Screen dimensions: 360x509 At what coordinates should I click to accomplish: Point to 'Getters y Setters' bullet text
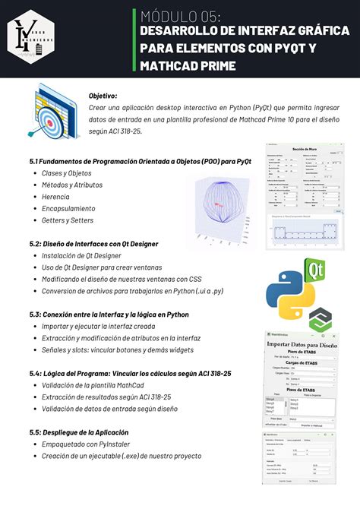tap(62, 220)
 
